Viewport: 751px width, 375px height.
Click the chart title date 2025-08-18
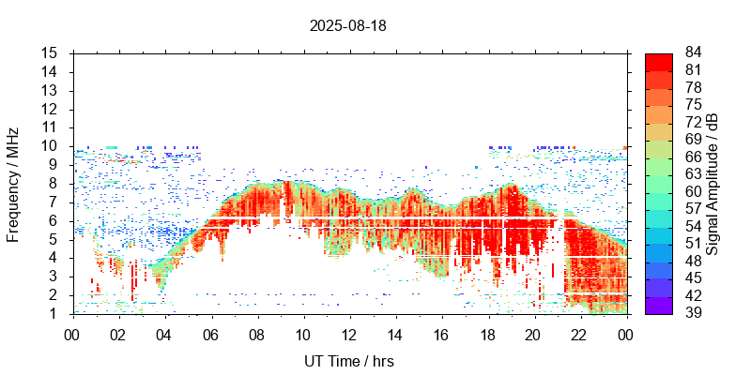(347, 25)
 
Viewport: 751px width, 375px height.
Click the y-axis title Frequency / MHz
(13, 184)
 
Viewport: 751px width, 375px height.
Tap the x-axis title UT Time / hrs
(348, 361)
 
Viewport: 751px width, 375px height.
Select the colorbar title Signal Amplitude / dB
(713, 184)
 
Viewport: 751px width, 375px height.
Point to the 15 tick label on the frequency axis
(51, 53)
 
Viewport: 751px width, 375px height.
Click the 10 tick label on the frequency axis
(51, 146)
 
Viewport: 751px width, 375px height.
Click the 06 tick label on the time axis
(210, 333)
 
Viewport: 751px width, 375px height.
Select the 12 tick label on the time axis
(349, 333)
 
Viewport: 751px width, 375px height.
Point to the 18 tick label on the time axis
(488, 333)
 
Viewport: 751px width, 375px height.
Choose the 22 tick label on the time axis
(581, 333)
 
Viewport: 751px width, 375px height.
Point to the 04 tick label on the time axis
(164, 333)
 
